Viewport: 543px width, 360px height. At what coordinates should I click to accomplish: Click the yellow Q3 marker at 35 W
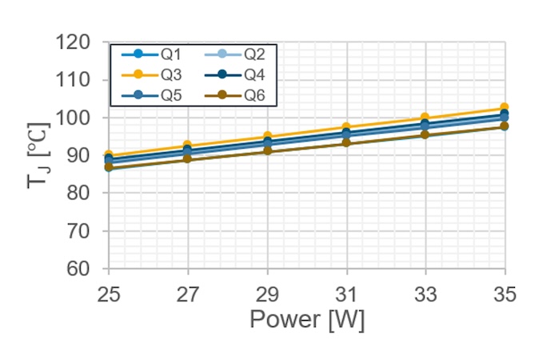pyautogui.click(x=505, y=108)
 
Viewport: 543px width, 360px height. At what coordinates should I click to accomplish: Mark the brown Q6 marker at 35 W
pyautogui.click(x=505, y=126)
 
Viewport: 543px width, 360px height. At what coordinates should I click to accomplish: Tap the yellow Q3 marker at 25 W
pyautogui.click(x=109, y=155)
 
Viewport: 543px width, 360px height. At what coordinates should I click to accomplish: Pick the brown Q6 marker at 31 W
pyautogui.click(x=346, y=142)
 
